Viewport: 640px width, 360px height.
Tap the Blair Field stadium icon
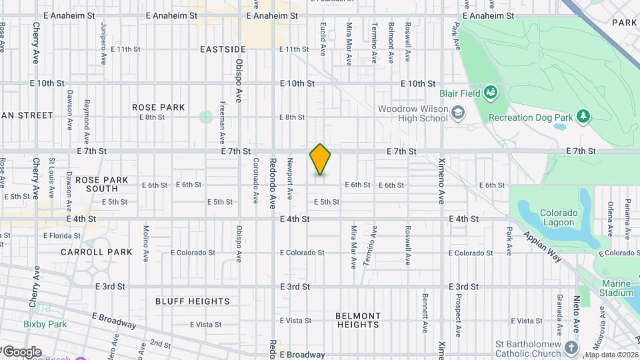click(491, 93)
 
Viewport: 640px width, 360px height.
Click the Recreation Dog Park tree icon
click(583, 117)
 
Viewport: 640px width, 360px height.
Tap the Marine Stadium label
click(615, 288)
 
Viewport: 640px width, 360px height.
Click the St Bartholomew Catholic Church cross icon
click(571, 347)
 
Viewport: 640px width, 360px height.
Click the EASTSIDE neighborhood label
click(223, 49)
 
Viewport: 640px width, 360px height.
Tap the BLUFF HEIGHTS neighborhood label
click(193, 301)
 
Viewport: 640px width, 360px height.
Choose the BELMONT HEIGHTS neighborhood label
click(358, 320)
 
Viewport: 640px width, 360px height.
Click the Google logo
click(22, 352)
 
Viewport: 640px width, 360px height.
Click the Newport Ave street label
click(290, 179)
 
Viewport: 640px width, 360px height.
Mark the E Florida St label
click(63, 235)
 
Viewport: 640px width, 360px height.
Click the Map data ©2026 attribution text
click(611, 355)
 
